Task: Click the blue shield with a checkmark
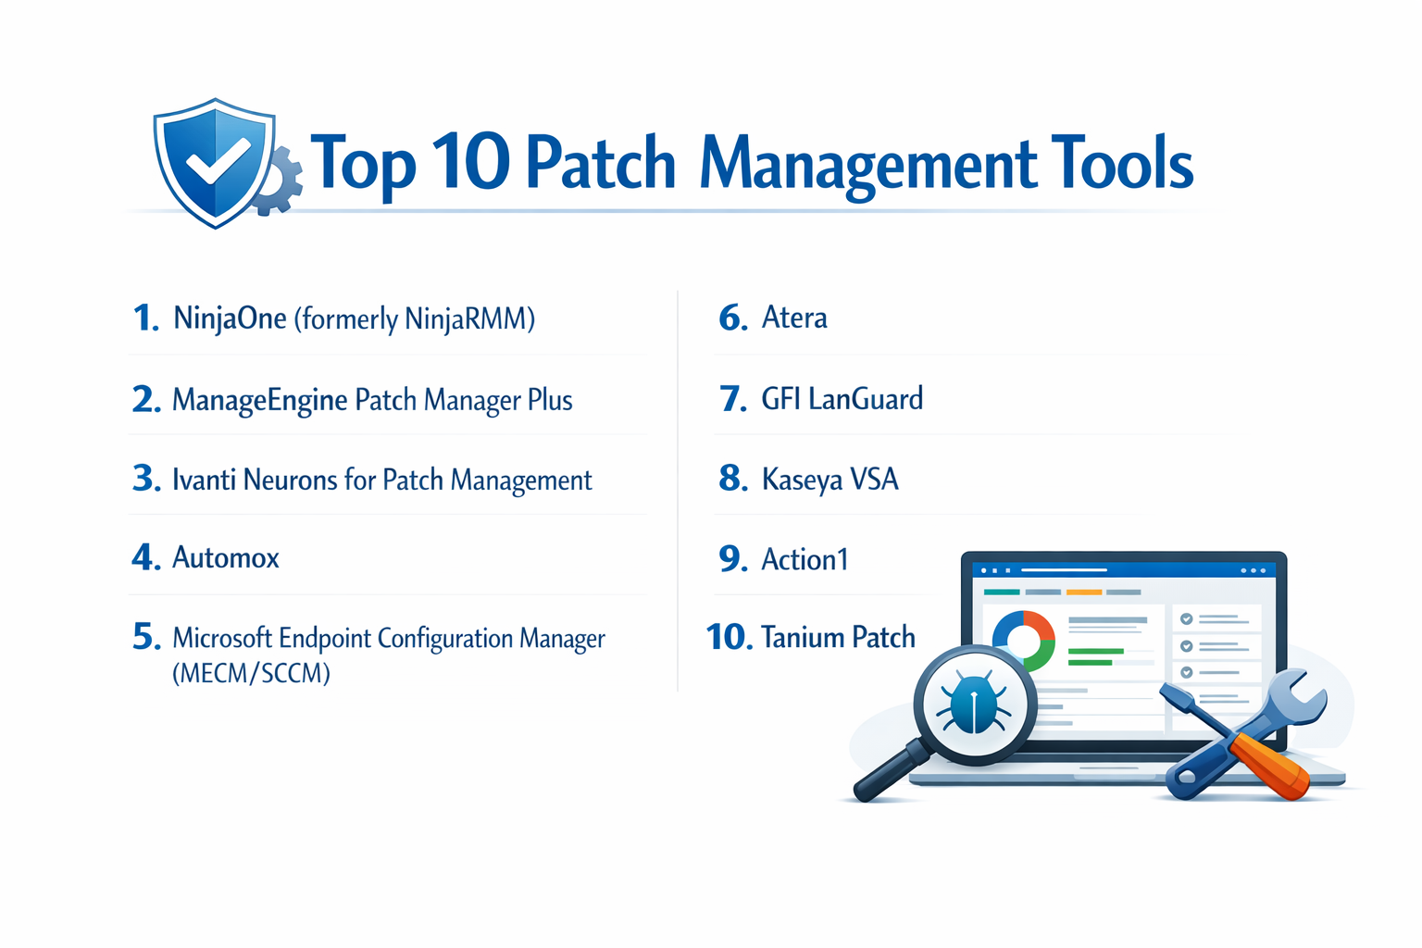click(215, 162)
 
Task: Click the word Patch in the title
click(600, 164)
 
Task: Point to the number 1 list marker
click(145, 318)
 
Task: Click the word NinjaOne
click(230, 318)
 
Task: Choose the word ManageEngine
click(259, 400)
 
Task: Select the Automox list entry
click(225, 558)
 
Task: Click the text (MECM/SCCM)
click(251, 673)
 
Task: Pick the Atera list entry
click(794, 318)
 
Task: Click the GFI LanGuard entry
click(842, 399)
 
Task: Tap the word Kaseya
click(802, 480)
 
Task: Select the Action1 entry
click(805, 560)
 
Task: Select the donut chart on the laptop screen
click(1023, 639)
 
